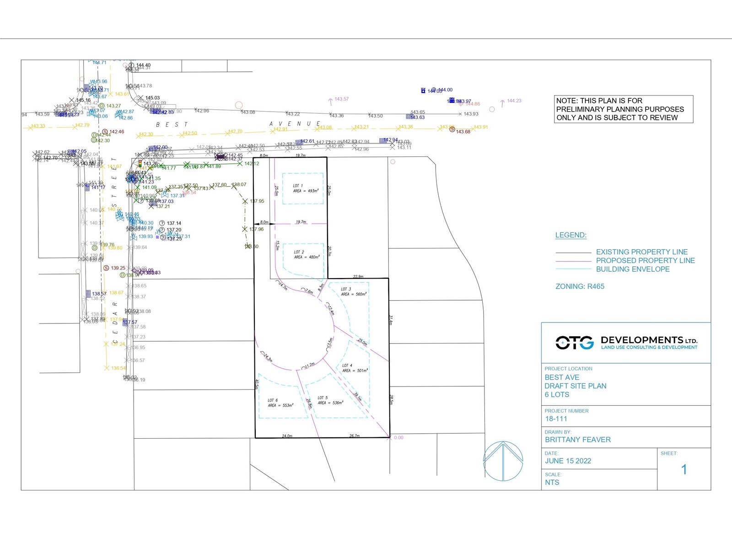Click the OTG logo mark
(x=575, y=342)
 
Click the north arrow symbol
(x=503, y=461)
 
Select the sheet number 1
(x=684, y=469)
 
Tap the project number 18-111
(x=556, y=419)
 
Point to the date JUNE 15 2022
(x=568, y=461)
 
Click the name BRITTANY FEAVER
(x=577, y=440)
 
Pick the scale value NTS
(x=552, y=482)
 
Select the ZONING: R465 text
(x=580, y=286)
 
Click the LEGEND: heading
(x=571, y=235)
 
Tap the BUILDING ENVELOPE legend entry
(x=632, y=269)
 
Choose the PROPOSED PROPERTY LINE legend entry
(x=645, y=260)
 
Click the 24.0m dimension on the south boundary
(x=287, y=436)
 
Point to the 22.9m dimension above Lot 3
(x=358, y=276)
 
